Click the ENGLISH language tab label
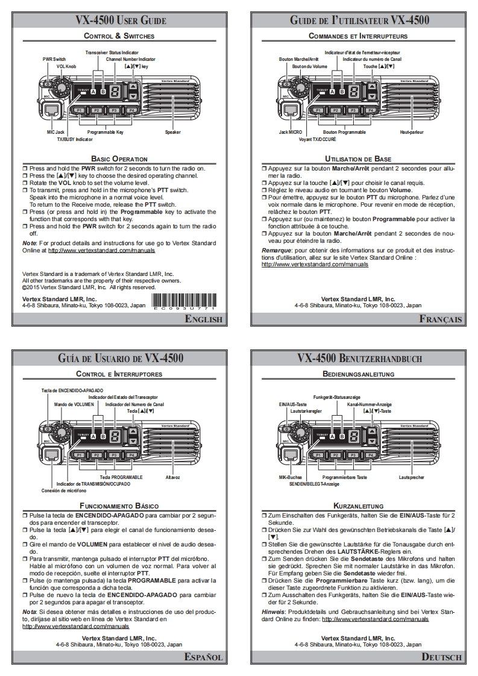point(204,319)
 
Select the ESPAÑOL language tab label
point(204,657)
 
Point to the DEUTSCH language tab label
point(442,657)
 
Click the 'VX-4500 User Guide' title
point(121,20)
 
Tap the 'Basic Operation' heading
point(121,159)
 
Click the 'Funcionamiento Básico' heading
point(121,505)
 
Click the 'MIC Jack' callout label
point(55,131)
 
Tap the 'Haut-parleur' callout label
point(412,131)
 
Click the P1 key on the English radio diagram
point(79,111)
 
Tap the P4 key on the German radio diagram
point(371,455)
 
